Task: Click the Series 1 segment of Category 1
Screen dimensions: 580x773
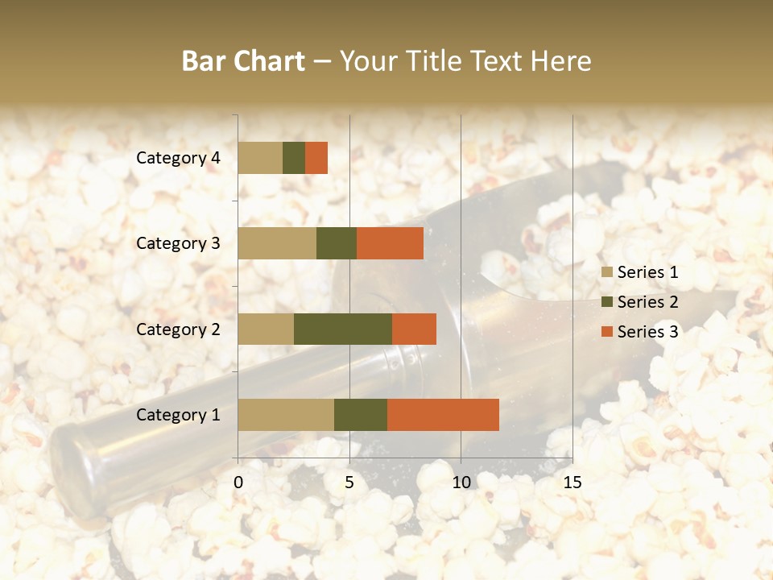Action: coord(286,414)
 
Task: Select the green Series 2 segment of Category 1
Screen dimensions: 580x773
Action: coord(361,414)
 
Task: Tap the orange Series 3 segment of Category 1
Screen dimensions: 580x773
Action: coord(443,414)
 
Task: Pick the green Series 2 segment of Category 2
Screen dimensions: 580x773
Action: coord(343,329)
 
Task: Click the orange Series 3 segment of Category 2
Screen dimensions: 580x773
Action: coord(414,329)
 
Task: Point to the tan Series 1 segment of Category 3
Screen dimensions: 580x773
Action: coord(277,243)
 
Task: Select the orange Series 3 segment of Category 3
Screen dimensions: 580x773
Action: coord(390,243)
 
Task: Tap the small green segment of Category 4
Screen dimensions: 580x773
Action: coord(294,158)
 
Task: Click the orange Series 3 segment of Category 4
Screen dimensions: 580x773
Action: coord(316,158)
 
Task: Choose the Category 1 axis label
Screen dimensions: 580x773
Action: coord(178,415)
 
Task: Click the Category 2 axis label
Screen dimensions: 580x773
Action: coord(178,329)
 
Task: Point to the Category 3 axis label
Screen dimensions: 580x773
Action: coord(178,243)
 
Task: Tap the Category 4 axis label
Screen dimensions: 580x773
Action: coord(178,158)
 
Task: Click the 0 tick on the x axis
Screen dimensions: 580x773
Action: coord(238,483)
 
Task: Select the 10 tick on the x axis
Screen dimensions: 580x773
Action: coord(461,483)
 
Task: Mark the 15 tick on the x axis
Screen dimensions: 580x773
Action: coord(572,483)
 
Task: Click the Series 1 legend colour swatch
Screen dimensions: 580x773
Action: coord(607,272)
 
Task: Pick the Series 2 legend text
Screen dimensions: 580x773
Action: coord(647,302)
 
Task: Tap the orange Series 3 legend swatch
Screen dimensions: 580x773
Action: coord(607,332)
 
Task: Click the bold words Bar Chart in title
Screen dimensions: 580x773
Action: coord(243,61)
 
